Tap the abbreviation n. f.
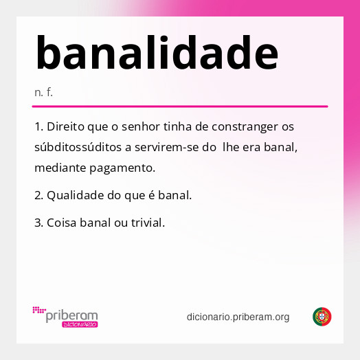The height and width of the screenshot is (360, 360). [x=43, y=92]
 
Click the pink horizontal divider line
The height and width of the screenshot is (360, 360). [x=179, y=106]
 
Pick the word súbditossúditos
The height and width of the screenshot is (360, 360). [x=77, y=147]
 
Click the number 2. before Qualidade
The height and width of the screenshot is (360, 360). [x=38, y=195]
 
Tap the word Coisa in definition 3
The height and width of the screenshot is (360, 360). [x=61, y=223]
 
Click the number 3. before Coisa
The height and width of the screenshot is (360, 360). [x=38, y=223]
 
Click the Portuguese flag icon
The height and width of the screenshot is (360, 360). [x=322, y=317]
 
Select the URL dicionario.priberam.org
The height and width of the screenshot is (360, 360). [x=238, y=317]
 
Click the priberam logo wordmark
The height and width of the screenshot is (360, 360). [x=71, y=315]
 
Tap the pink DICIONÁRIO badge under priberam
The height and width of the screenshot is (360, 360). [x=80, y=324]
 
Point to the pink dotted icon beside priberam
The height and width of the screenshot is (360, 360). [x=38, y=311]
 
